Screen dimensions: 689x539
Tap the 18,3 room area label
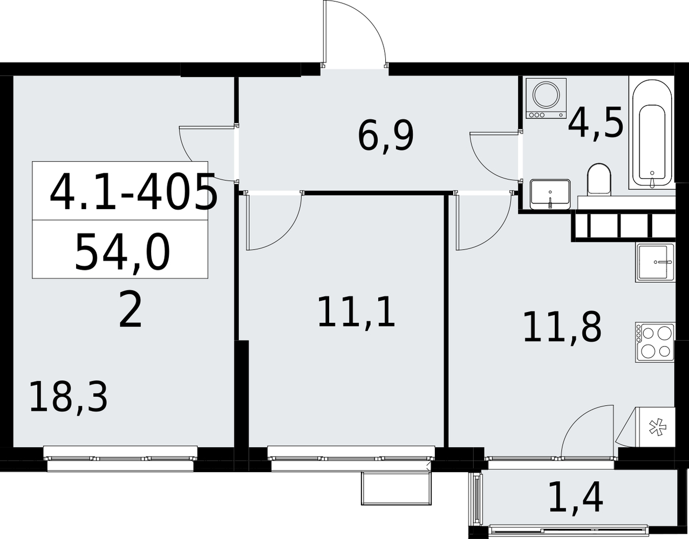tap(69, 397)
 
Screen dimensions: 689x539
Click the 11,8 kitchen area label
tap(562, 327)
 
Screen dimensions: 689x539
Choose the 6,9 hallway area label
tap(386, 137)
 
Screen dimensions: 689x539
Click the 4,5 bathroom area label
tap(596, 123)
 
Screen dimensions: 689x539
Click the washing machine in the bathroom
tap(546, 98)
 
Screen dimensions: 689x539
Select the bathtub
tap(652, 135)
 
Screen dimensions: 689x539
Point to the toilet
tap(599, 179)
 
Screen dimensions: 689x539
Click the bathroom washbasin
tap(550, 194)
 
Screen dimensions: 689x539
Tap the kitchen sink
tap(655, 262)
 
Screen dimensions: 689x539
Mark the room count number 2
tap(130, 310)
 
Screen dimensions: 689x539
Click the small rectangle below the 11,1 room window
tap(397, 489)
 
